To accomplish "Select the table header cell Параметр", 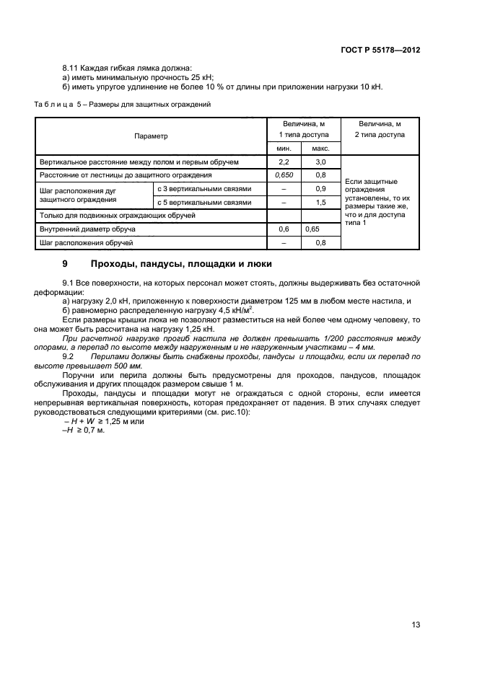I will pyautogui.click(x=150, y=136).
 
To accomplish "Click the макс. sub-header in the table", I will pyautogui.click(x=320, y=148).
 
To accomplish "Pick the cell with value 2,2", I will pyautogui.click(x=284, y=162).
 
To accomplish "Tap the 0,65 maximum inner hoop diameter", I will pyautogui.click(x=312, y=229).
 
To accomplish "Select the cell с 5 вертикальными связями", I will pyautogui.click(x=204, y=203).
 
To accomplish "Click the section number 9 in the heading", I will pyautogui.click(x=65, y=264).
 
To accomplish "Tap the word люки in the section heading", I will pyautogui.click(x=258, y=264).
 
